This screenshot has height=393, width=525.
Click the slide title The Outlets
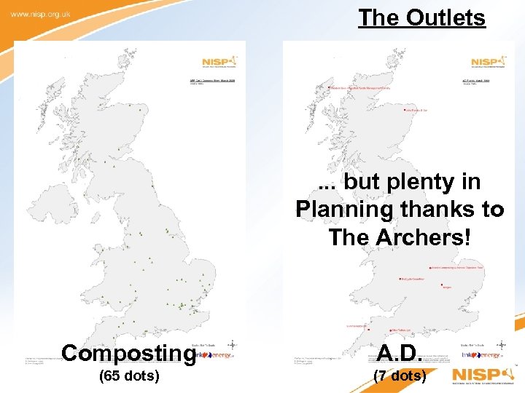pos(421,17)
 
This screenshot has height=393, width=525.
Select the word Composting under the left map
pos(129,353)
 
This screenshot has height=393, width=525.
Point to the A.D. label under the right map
pos(398,353)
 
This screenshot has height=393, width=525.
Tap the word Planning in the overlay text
pos(341,210)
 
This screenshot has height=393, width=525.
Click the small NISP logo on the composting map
pos(219,62)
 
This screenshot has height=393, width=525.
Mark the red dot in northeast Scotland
pos(405,111)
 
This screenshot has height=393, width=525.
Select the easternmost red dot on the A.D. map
pos(442,286)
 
